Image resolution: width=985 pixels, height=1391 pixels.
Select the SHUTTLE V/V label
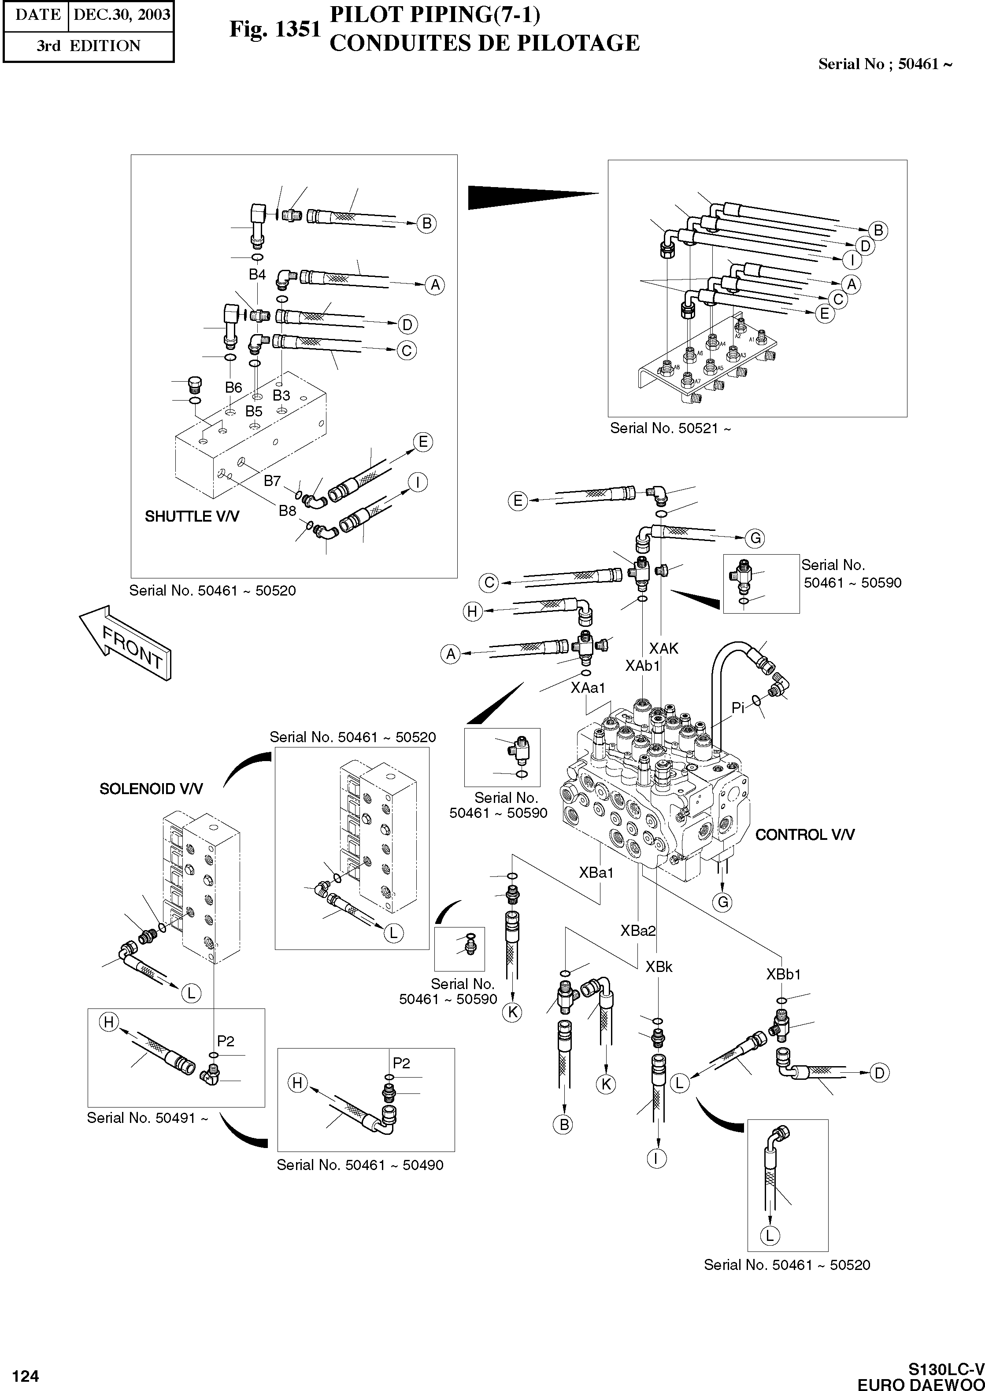click(192, 516)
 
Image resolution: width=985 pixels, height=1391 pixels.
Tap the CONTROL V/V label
click(805, 835)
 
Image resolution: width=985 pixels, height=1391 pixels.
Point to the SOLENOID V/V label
click(151, 788)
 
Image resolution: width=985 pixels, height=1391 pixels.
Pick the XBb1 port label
click(783, 974)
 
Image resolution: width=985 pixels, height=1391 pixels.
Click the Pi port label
click(737, 707)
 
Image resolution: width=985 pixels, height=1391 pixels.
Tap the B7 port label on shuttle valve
click(272, 481)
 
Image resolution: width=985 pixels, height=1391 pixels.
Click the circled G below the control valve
click(723, 902)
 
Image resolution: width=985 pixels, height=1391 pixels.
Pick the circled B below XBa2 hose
click(563, 1124)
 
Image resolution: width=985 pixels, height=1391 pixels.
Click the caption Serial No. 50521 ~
click(670, 428)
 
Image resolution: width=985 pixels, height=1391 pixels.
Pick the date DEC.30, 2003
click(121, 15)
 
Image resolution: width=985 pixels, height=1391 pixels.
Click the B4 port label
click(257, 275)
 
